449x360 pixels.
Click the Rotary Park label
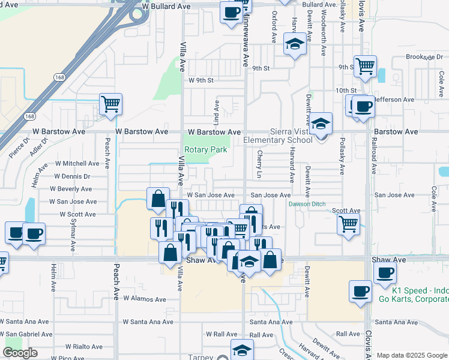click(205, 149)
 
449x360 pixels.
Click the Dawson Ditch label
click(306, 204)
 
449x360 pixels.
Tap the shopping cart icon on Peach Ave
click(110, 104)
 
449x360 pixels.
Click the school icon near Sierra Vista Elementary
click(321, 124)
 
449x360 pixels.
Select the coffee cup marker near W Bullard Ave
click(231, 12)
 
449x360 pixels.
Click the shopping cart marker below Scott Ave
click(348, 224)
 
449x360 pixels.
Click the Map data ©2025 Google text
click(411, 355)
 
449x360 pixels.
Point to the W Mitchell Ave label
click(77, 163)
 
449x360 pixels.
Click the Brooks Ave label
click(420, 57)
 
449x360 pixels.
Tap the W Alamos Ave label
click(144, 298)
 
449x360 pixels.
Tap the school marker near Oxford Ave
click(294, 44)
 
